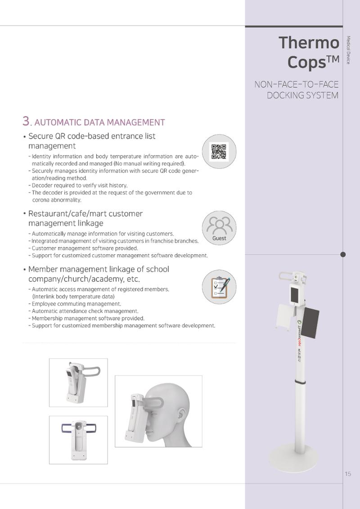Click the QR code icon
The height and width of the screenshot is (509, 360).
[219, 151]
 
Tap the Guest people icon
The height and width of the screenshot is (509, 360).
[219, 228]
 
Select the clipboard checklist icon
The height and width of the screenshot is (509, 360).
[219, 287]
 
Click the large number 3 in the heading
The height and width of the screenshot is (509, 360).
[26, 121]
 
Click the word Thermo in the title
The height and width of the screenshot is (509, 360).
[309, 42]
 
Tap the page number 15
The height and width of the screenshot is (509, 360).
[348, 474]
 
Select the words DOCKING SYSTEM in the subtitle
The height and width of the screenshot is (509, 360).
[302, 95]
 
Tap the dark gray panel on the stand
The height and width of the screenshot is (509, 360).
[310, 323]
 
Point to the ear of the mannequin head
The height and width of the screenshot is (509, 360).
[182, 418]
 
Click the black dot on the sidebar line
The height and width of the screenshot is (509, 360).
[343, 255]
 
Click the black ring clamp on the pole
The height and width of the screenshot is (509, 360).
[300, 382]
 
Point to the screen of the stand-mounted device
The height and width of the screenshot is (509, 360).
[295, 294]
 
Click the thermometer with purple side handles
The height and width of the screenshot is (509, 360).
[79, 440]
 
